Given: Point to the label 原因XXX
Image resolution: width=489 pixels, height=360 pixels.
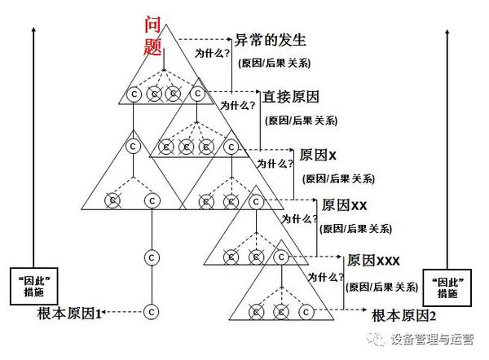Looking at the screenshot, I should click(x=372, y=261).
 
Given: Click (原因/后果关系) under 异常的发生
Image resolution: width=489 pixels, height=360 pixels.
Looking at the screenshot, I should click(x=274, y=63).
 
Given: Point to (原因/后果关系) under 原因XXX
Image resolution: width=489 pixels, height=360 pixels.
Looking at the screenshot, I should click(x=383, y=287).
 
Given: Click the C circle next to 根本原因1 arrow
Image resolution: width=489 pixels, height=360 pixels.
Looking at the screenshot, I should click(x=150, y=311).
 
